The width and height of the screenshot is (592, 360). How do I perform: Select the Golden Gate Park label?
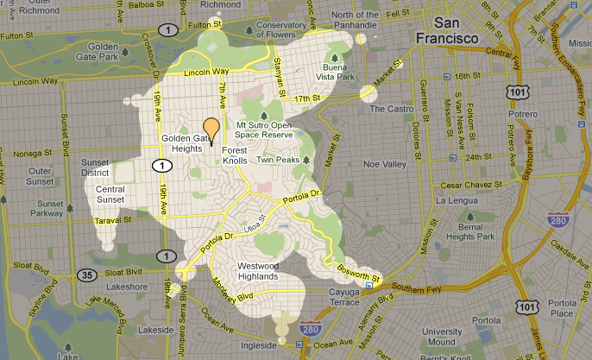[x=101, y=51]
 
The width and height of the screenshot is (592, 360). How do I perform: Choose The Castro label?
[x=390, y=109]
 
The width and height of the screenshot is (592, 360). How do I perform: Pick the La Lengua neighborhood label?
[x=457, y=201]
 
